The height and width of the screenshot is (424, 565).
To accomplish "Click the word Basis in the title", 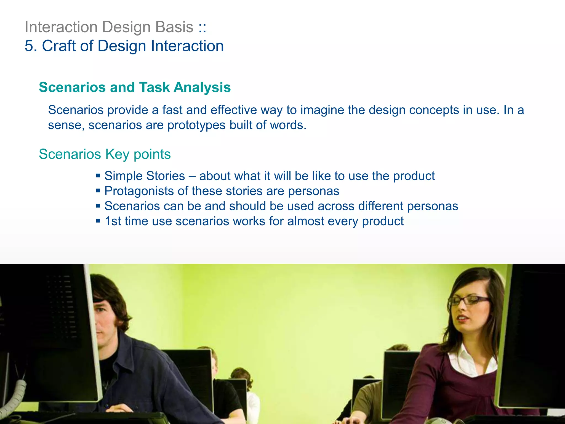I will [x=174, y=27].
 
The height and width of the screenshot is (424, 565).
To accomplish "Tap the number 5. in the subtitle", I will [x=31, y=46].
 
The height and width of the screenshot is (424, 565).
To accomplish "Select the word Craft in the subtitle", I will [x=59, y=46].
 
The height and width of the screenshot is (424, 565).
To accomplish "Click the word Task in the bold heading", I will [x=154, y=87].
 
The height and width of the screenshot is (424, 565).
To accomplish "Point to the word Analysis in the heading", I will [x=202, y=87].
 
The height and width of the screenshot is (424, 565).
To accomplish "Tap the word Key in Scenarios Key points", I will [x=117, y=154].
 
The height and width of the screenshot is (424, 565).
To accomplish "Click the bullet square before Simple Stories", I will [x=98, y=175].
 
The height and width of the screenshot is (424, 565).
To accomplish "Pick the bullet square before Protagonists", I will [x=98, y=190].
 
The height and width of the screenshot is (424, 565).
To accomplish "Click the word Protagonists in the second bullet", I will [x=139, y=191].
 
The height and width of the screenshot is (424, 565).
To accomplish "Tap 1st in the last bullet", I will [x=113, y=221].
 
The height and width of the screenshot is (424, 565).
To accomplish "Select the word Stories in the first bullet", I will [x=165, y=176].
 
